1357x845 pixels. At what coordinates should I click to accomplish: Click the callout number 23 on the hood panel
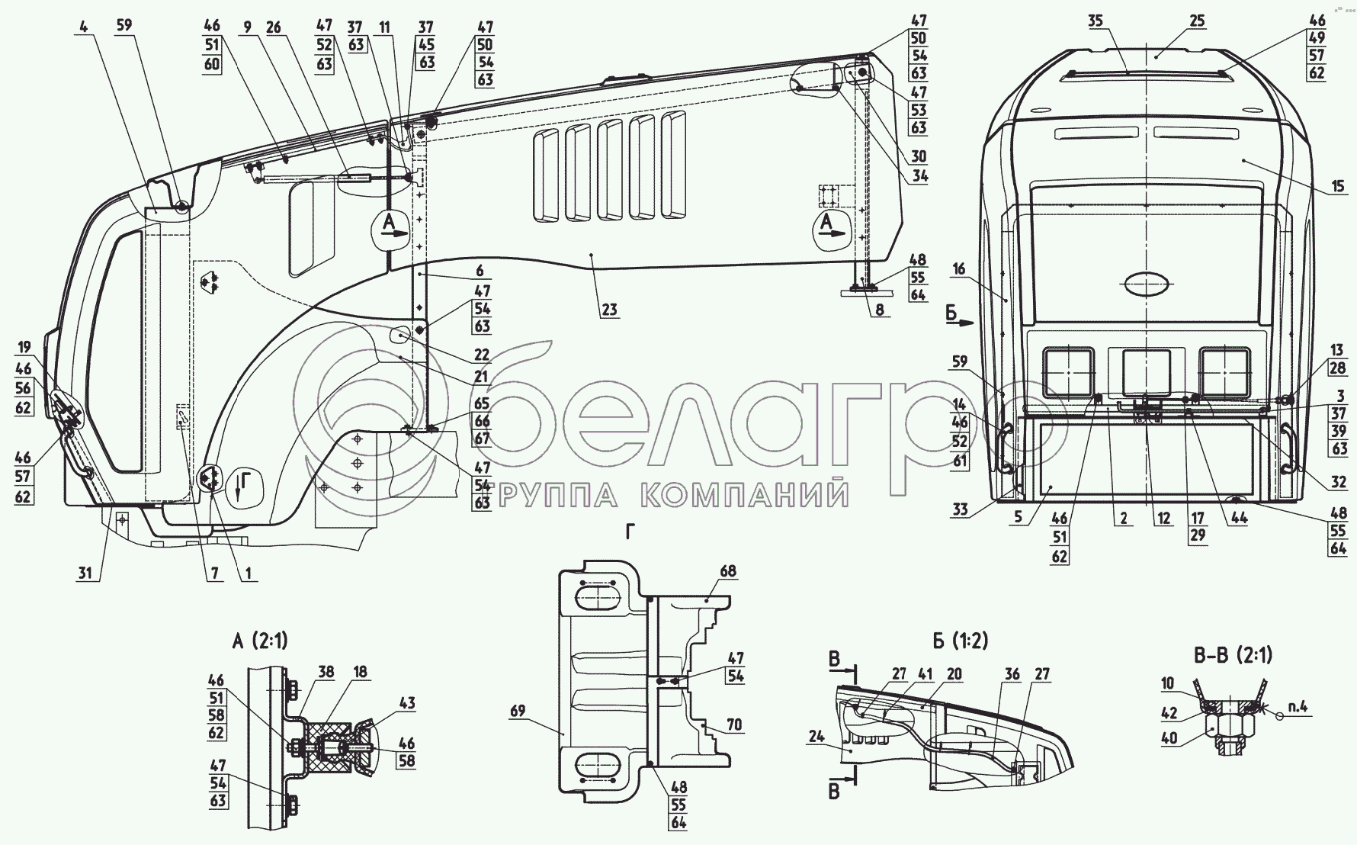pyautogui.click(x=608, y=310)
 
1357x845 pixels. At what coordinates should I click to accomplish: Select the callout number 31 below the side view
pyautogui.click(x=88, y=573)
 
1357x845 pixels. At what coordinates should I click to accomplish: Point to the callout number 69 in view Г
pyautogui.click(x=518, y=711)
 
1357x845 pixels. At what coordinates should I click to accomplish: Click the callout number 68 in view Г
pyautogui.click(x=728, y=571)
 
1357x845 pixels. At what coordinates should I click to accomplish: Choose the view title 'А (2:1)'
pyautogui.click(x=260, y=641)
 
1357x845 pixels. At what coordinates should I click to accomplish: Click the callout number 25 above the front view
pyautogui.click(x=1197, y=21)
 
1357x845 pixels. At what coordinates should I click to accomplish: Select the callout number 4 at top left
pyautogui.click(x=82, y=25)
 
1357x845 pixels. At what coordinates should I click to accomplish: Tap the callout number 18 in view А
pyautogui.click(x=361, y=672)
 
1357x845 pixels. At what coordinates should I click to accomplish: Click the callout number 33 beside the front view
pyautogui.click(x=960, y=509)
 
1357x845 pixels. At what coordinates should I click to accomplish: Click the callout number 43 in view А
pyautogui.click(x=406, y=702)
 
